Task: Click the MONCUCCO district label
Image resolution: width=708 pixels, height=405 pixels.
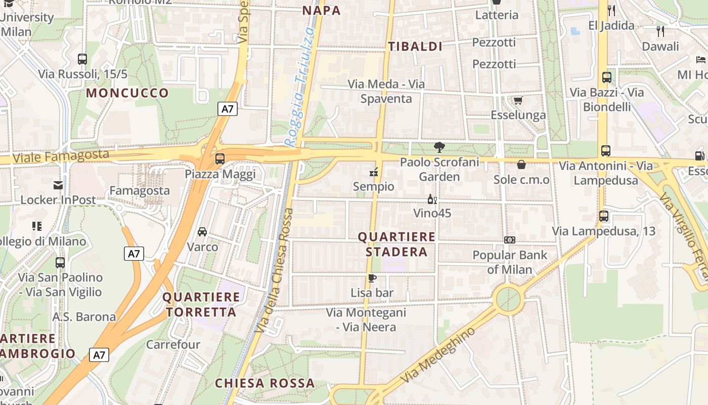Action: click(127, 93)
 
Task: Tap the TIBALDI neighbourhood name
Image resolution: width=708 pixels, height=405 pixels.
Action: click(415, 47)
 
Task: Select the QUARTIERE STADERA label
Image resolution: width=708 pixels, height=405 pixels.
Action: click(396, 244)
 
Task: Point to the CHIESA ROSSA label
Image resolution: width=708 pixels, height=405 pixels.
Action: click(265, 383)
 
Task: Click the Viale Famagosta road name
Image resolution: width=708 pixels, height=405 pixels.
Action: click(61, 155)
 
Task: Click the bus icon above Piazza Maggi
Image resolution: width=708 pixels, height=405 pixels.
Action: click(219, 158)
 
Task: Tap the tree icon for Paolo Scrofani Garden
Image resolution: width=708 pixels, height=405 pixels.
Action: click(439, 147)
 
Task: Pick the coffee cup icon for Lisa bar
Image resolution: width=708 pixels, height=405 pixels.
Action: click(372, 278)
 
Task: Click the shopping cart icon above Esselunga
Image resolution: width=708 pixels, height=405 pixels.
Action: click(518, 100)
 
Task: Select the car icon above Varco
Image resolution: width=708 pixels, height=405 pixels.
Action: click(202, 232)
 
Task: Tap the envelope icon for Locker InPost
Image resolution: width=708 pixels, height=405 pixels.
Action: click(59, 185)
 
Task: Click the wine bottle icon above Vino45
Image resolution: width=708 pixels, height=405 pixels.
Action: click(432, 199)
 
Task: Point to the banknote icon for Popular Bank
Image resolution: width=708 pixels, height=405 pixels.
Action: click(509, 240)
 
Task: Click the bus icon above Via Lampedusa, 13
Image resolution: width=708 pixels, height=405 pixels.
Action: click(603, 216)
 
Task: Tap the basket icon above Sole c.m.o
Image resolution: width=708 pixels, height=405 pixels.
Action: click(521, 165)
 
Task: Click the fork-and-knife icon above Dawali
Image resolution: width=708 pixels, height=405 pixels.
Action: click(660, 31)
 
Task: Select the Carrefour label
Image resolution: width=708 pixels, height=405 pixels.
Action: click(173, 344)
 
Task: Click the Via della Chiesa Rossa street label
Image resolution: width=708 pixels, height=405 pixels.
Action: click(275, 271)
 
